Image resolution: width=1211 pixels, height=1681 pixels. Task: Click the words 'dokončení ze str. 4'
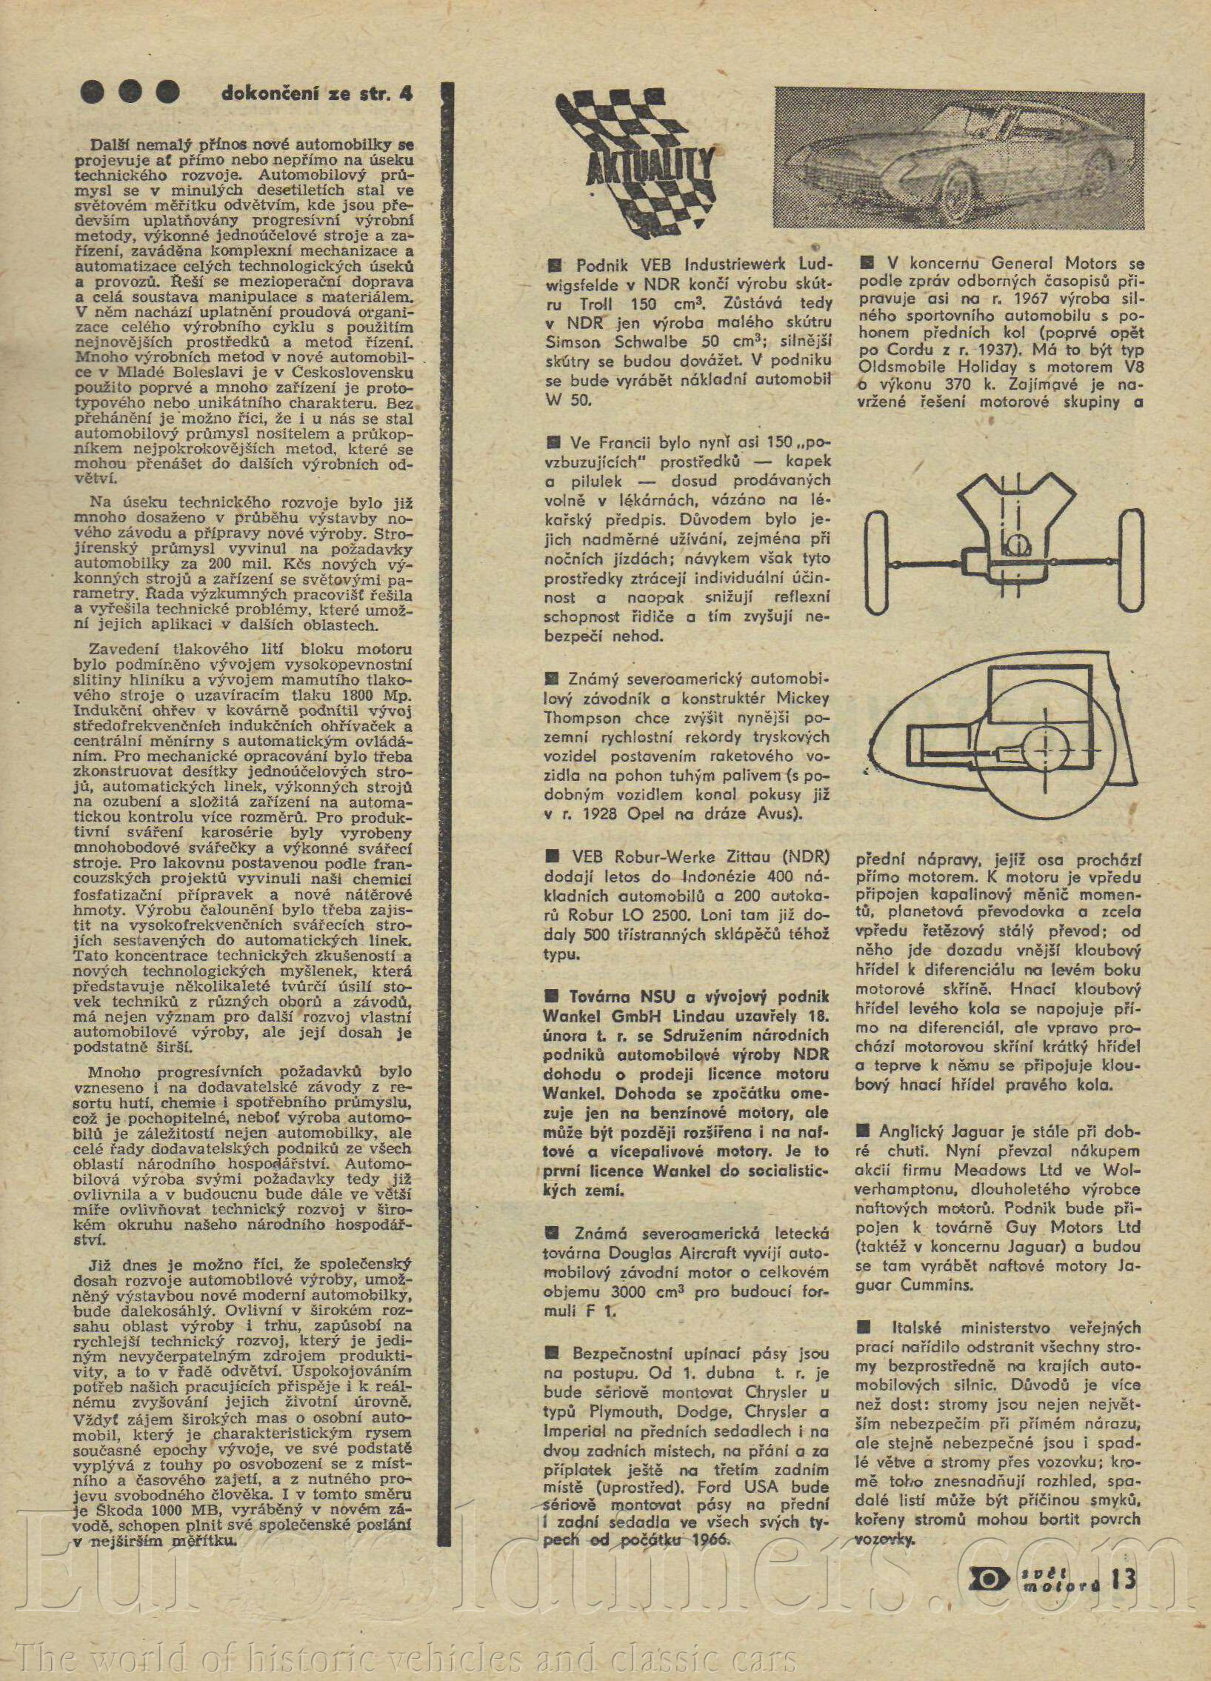coord(316,94)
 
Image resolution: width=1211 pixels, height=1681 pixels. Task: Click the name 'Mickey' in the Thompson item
coord(803,699)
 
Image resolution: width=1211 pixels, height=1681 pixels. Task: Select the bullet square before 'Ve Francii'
coord(553,443)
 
